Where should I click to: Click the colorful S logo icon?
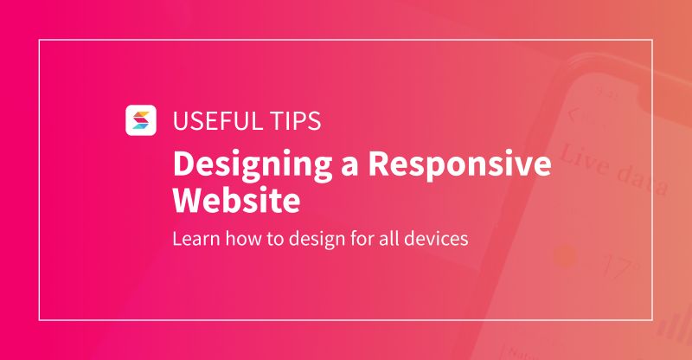[x=140, y=119]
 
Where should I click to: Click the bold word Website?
[x=236, y=201]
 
